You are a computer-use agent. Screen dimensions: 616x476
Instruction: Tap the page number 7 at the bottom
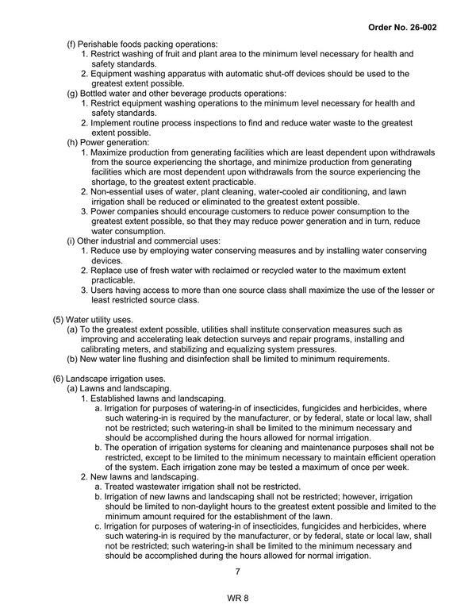tap(237, 572)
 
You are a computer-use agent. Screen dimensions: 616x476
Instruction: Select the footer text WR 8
tap(237, 599)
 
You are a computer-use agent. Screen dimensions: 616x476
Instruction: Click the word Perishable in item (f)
tap(102, 43)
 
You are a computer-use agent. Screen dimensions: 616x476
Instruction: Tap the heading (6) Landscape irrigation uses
tap(109, 378)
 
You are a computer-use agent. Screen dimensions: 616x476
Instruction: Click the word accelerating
tap(171, 338)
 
